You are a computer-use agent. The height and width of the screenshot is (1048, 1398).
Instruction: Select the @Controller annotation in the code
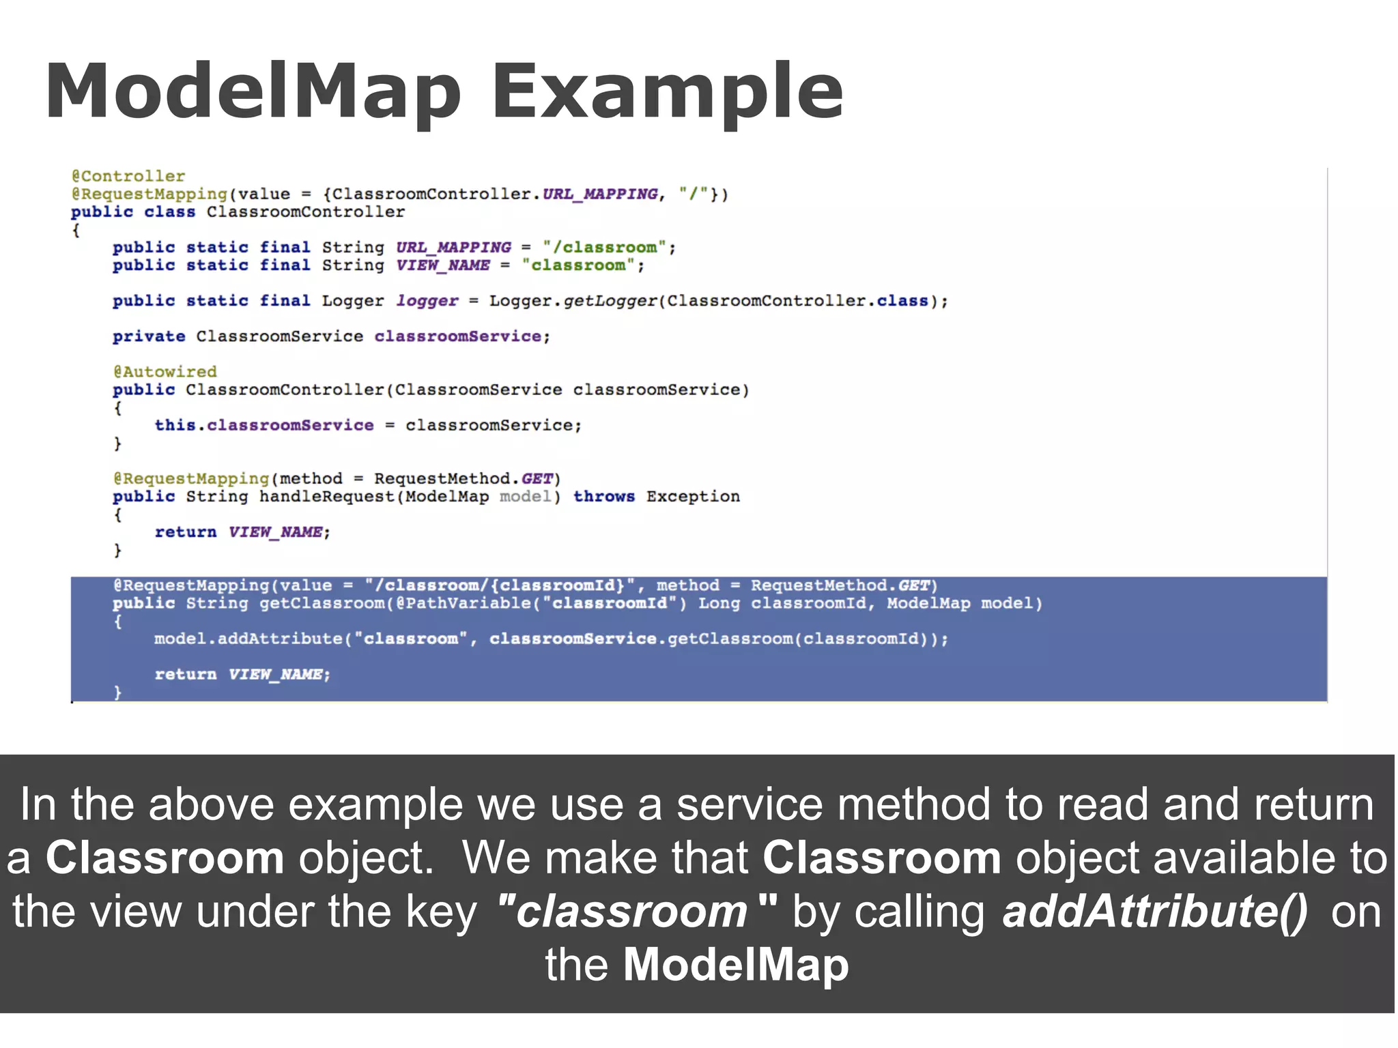point(128,176)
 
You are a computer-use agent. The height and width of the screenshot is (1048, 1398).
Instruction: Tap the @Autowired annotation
point(165,372)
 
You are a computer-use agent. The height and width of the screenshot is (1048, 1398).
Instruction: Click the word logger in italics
point(427,301)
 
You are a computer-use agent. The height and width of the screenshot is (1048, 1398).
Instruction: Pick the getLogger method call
point(610,301)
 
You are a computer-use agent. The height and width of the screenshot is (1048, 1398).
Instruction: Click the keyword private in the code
point(149,336)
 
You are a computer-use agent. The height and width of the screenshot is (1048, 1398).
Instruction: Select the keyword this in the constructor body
point(175,425)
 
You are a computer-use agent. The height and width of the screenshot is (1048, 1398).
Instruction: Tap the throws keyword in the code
point(604,497)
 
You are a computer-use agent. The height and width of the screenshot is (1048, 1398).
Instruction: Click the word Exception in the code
point(693,497)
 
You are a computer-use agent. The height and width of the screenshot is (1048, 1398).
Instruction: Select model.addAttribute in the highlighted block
point(248,639)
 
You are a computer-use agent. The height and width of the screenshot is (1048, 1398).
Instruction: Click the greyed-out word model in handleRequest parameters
point(525,497)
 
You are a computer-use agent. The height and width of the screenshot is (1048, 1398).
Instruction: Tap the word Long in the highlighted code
point(719,604)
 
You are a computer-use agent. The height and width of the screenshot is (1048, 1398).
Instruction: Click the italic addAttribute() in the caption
point(1155,912)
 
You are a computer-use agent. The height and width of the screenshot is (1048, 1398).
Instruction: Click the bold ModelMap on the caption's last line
point(736,965)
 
